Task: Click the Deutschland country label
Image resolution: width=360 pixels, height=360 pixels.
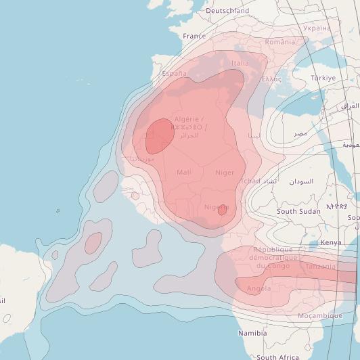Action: (227, 11)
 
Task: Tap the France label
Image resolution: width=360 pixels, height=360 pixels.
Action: (194, 36)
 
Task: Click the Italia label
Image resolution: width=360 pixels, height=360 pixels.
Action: (240, 63)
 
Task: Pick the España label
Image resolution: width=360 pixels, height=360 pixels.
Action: (174, 72)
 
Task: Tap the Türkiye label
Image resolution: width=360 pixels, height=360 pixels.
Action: (323, 78)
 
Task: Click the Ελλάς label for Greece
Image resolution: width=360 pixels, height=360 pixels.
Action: (271, 79)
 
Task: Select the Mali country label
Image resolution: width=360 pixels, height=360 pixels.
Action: (183, 173)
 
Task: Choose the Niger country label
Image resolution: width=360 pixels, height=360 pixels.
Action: (225, 173)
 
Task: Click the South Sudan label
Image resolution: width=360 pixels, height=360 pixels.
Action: (298, 212)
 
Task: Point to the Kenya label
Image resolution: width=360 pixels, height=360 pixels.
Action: (331, 242)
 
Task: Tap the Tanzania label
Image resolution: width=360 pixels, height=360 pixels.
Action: (320, 267)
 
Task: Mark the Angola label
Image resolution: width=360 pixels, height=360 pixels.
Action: (259, 289)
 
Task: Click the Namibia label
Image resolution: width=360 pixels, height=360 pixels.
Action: (252, 333)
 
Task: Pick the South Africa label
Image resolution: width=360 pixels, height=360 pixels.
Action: (277, 357)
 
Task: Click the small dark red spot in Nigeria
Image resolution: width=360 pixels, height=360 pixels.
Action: (222, 210)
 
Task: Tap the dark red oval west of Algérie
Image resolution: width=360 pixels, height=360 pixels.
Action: (160, 135)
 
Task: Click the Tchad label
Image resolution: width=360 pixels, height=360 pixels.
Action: (250, 181)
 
